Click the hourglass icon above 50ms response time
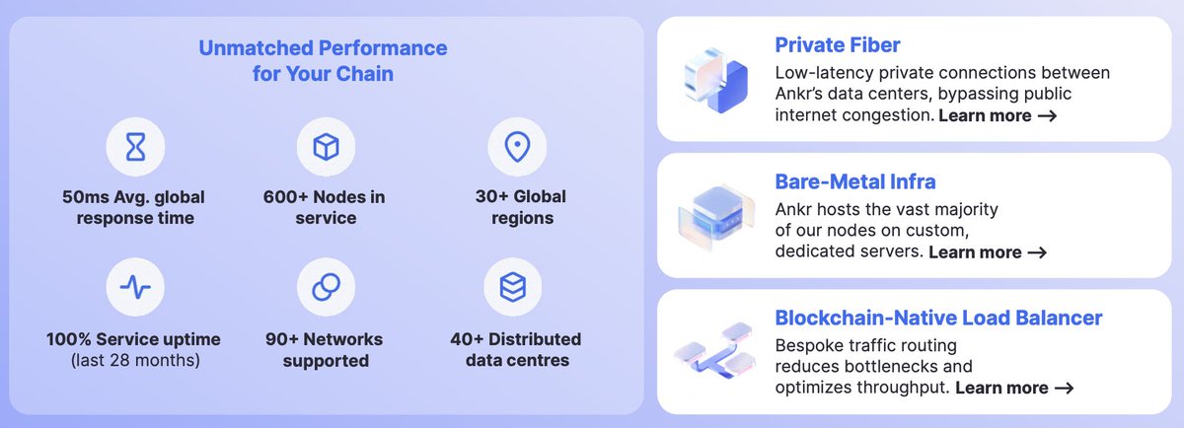[x=135, y=148]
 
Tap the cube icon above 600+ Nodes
[x=326, y=148]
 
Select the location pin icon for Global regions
[x=517, y=148]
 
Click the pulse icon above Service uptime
[x=135, y=287]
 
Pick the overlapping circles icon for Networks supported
[x=326, y=287]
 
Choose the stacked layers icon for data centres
[x=513, y=287]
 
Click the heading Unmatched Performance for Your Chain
[x=323, y=59]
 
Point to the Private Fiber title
[x=837, y=44]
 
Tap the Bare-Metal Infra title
[x=855, y=181]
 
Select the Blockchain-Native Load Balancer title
[x=938, y=319]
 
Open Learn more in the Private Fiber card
[x=998, y=116]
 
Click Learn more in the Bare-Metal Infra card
[x=987, y=252]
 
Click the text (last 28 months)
[x=135, y=361]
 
